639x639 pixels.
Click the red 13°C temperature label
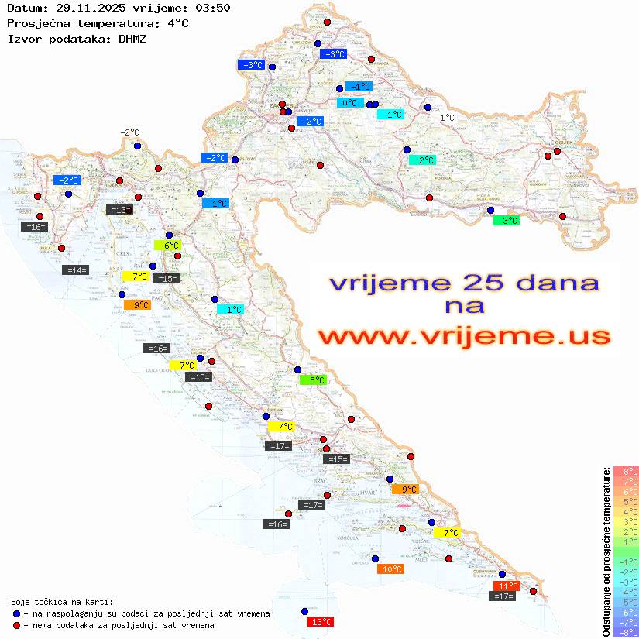tap(321, 621)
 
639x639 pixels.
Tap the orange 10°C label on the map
tap(392, 569)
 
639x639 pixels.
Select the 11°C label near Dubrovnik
tap(507, 586)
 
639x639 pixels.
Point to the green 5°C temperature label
tap(314, 380)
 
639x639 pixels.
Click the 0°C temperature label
tap(350, 103)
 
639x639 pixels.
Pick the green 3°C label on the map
tap(506, 221)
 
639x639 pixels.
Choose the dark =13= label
tap(119, 209)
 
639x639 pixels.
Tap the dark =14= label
tap(76, 270)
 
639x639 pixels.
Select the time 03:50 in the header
tap(213, 8)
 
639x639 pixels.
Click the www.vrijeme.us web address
tap(464, 336)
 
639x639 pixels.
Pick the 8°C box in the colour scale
tap(626, 472)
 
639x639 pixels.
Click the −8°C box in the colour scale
tap(626, 633)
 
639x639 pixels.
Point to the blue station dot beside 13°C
tap(304, 611)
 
